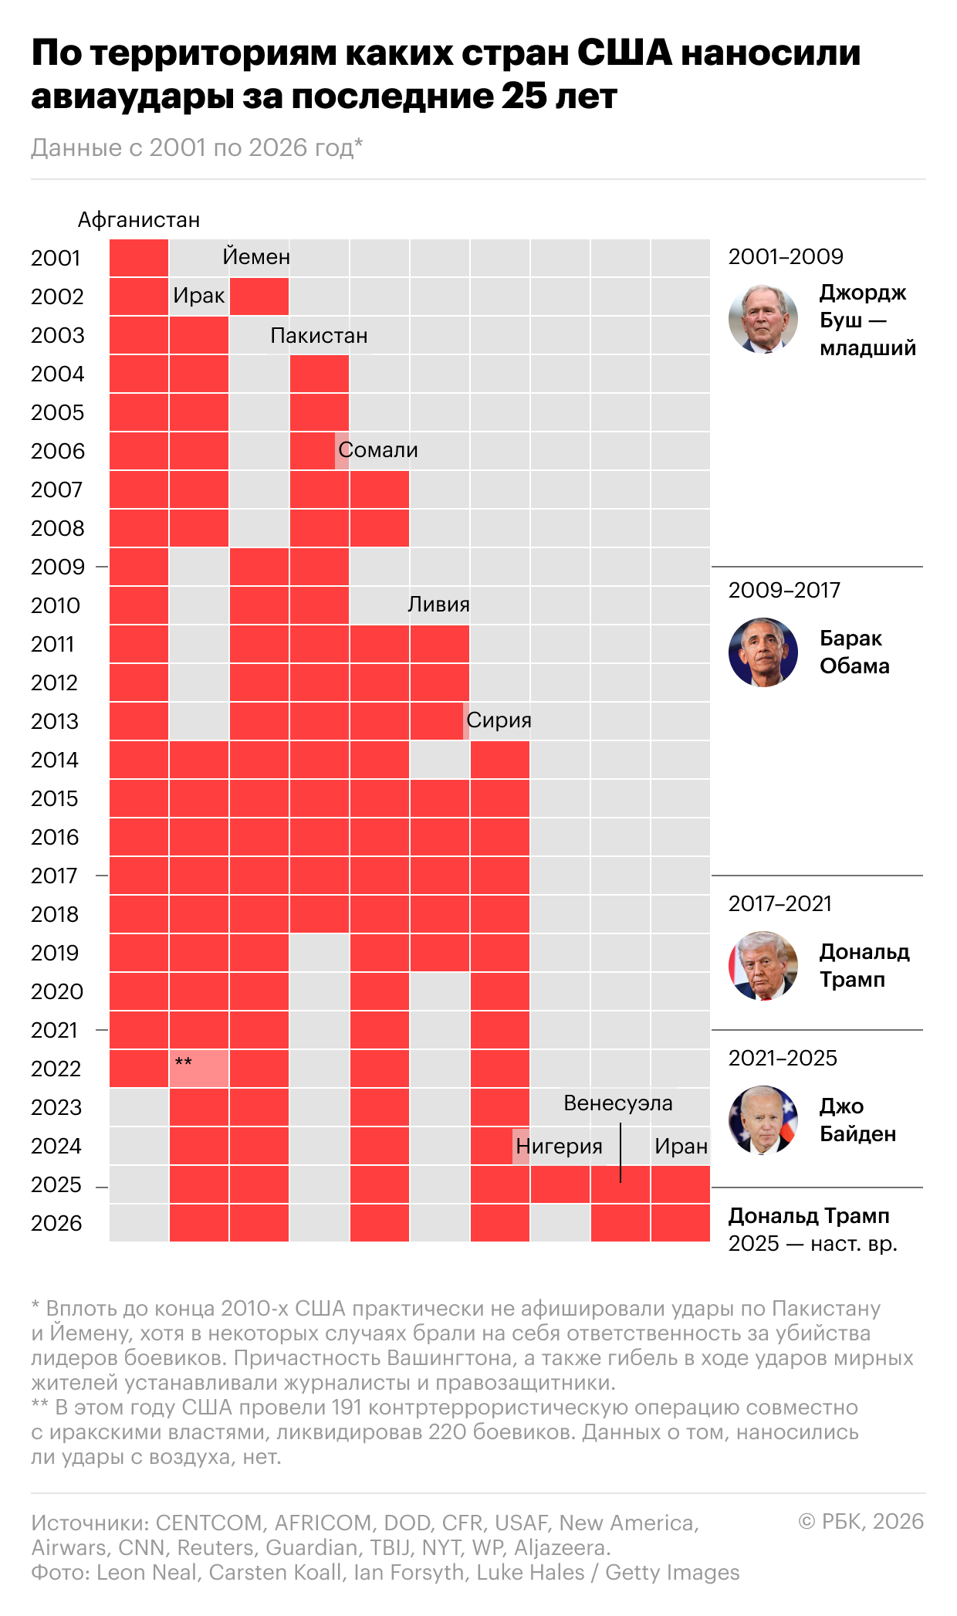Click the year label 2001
coord(56,258)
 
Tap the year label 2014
coord(55,760)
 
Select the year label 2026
coord(56,1223)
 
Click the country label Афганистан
coord(139,220)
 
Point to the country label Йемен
coord(256,256)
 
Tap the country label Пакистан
coord(319,336)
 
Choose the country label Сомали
coord(378,450)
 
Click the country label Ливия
coord(438,604)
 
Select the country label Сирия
coord(499,720)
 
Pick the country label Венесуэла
coord(618,1103)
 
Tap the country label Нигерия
coord(559,1146)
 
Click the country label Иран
coord(681,1146)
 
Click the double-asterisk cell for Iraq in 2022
coord(199,1069)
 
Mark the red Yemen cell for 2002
coord(259,296)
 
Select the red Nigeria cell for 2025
coord(560,1184)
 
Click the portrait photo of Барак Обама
coord(763,652)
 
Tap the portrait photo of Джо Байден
coord(763,1120)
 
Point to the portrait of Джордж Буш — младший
coord(763,319)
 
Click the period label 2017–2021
coord(780,903)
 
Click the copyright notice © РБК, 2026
coord(861,1521)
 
